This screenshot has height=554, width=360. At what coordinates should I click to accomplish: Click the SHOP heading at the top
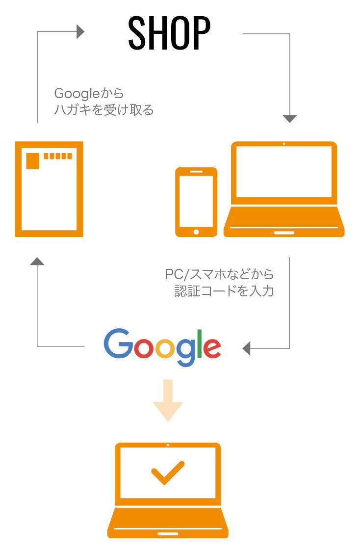pos(169,33)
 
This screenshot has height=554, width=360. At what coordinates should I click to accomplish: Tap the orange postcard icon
pos(49,189)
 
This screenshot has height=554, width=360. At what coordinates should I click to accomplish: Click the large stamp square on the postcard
pos(33,160)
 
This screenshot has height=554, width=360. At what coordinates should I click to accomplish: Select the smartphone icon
pos(196,202)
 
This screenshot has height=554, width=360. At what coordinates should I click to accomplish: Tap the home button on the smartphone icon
pos(196,232)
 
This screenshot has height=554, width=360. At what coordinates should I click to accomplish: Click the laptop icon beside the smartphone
pos(284,189)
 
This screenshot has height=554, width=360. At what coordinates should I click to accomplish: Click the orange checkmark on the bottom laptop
pos(168,473)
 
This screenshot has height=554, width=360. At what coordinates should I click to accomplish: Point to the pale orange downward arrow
pos(168,400)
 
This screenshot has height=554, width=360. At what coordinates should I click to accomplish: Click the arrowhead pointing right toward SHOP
pos(80,32)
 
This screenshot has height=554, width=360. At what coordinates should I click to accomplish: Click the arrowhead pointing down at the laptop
pos(290,119)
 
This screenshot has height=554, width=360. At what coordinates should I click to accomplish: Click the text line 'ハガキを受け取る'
pos(103,110)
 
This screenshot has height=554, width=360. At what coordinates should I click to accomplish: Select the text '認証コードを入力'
pos(224,291)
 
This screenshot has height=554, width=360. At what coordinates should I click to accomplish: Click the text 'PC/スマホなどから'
pos(219,274)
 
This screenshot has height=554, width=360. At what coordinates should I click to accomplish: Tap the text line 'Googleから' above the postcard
pos(89,93)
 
